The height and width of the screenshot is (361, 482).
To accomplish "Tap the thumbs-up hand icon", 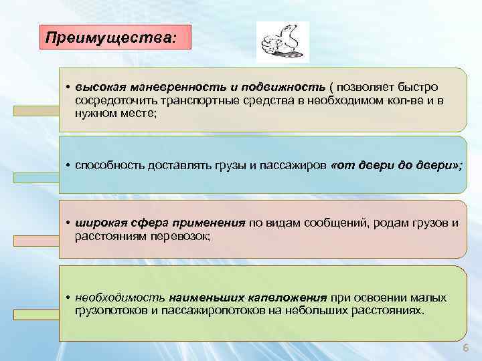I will [x=283, y=42].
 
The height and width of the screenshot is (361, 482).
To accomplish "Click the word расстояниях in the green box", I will [x=388, y=311].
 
